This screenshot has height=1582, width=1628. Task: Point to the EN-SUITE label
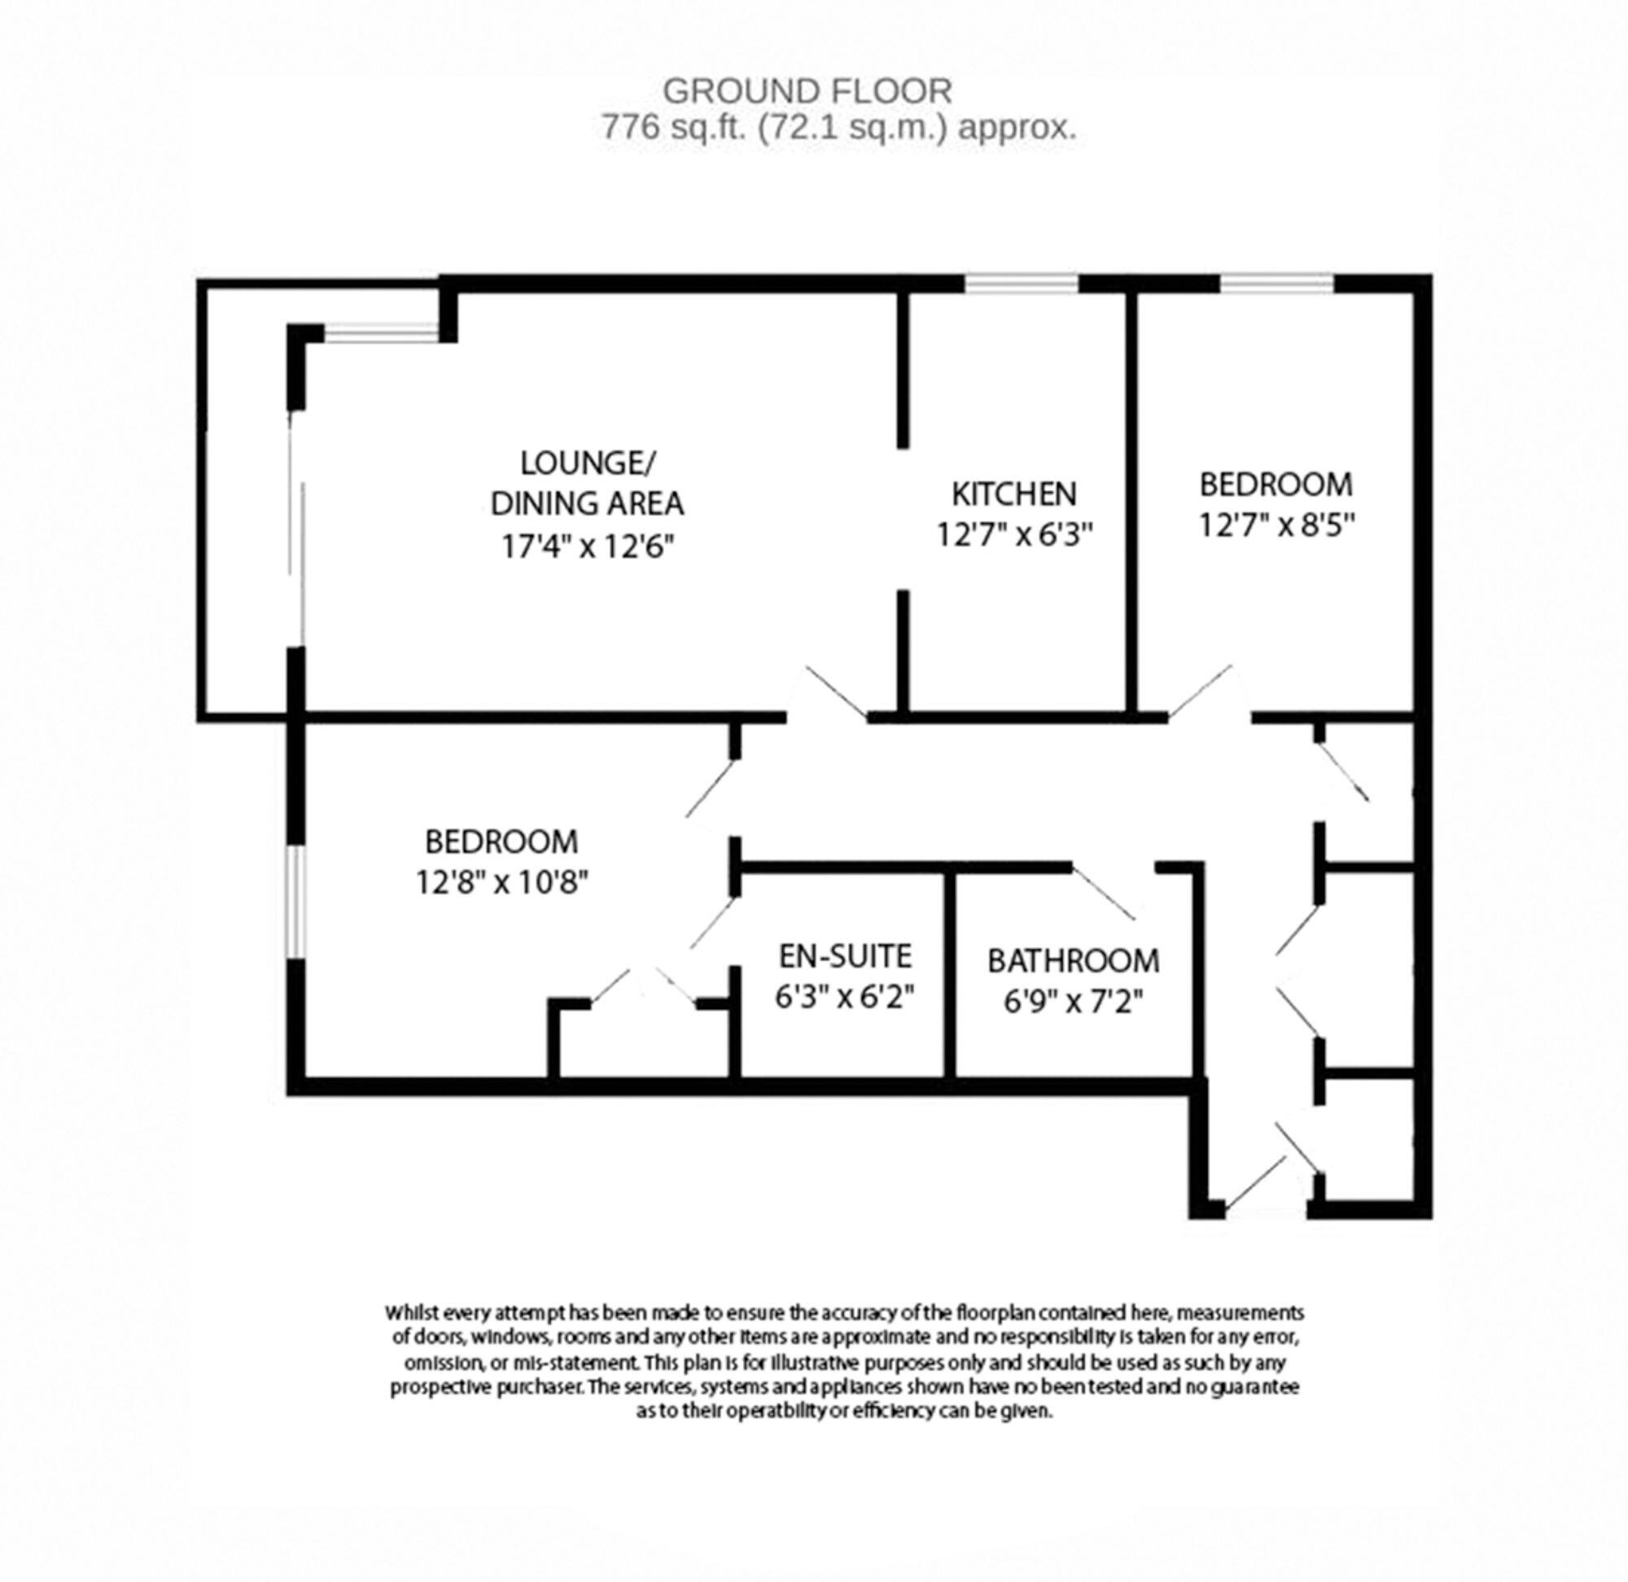844,956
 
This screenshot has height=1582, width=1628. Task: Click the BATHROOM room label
1073,961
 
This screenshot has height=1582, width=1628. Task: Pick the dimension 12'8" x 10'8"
502,882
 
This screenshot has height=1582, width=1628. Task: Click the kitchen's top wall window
1021,283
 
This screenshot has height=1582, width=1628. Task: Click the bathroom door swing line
1104,893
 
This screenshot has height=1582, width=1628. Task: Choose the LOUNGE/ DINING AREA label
587,483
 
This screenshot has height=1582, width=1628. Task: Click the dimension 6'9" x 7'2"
1073,1002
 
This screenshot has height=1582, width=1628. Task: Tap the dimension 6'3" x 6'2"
844,997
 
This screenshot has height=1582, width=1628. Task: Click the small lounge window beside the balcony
381,334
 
